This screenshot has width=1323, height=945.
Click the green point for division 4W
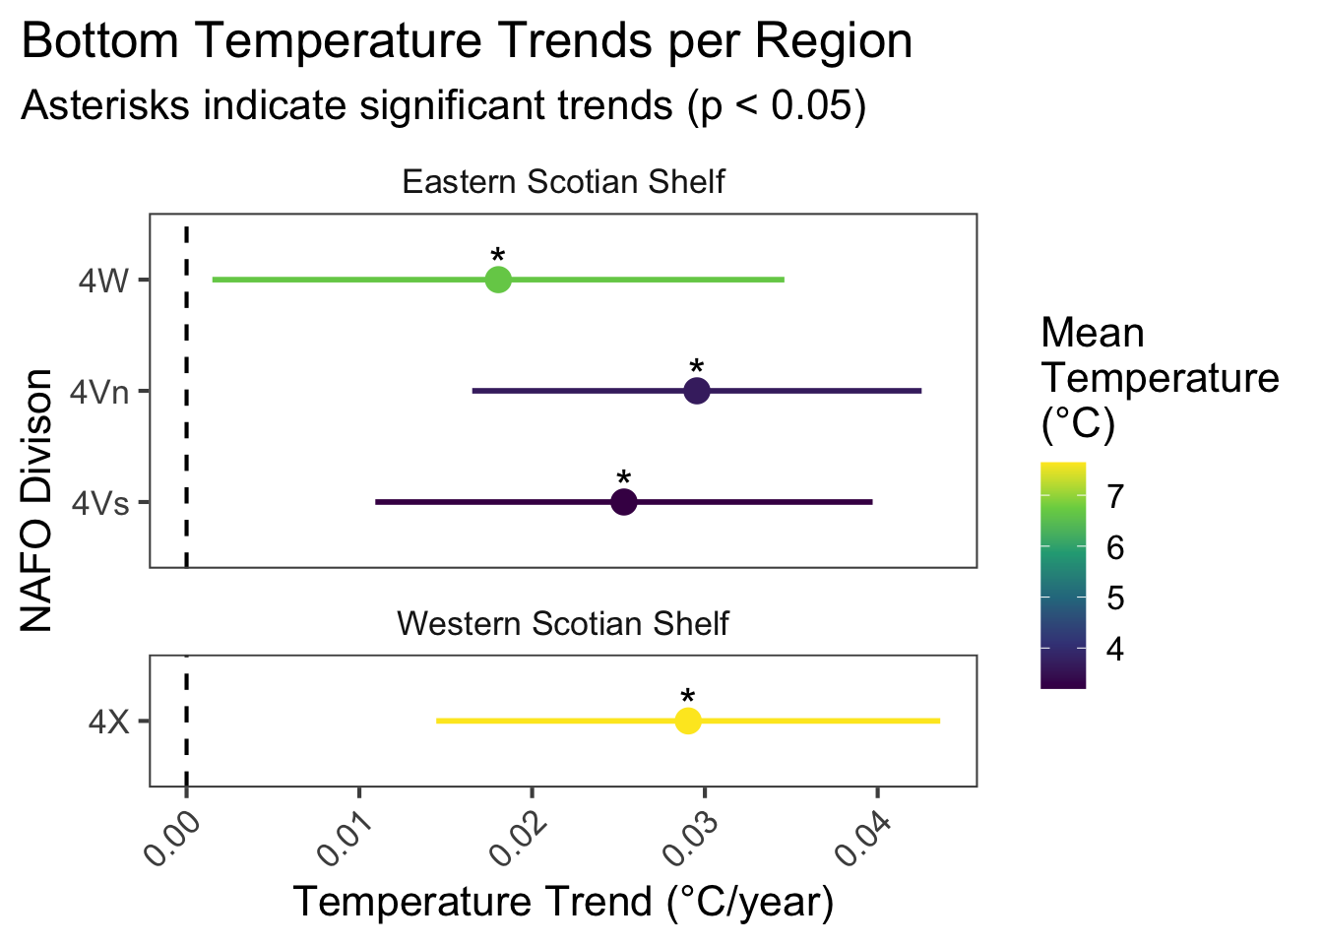[x=498, y=280]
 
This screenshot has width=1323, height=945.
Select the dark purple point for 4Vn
[x=697, y=391]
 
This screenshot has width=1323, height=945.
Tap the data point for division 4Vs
[x=624, y=502]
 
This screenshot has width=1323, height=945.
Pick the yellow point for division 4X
[x=688, y=721]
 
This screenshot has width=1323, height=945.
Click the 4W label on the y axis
[x=103, y=281]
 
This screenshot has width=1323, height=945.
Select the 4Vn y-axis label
[x=98, y=392]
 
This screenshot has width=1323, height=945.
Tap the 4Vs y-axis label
[x=99, y=503]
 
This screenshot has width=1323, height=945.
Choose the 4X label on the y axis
[x=107, y=722]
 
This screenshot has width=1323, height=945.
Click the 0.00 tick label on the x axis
[x=171, y=838]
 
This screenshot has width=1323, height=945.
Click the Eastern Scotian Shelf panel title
[x=563, y=182]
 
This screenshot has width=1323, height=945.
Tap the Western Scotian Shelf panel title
[x=563, y=623]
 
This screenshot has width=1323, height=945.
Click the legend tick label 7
[x=1114, y=496]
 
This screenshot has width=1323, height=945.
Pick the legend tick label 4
[x=1114, y=649]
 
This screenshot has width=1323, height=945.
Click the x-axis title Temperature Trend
[x=563, y=902]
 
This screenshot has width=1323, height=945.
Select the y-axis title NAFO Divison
[x=36, y=500]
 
